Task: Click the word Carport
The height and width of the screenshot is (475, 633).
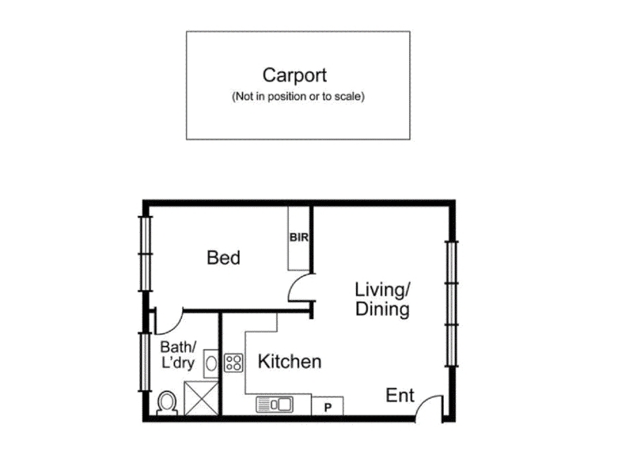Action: pyautogui.click(x=294, y=75)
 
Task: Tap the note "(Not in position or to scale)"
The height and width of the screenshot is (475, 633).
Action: pyautogui.click(x=298, y=97)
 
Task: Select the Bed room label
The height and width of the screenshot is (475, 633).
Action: pyautogui.click(x=223, y=258)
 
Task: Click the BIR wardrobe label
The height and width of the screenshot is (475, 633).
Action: pyautogui.click(x=299, y=237)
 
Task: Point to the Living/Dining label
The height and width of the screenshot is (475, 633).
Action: pyautogui.click(x=382, y=299)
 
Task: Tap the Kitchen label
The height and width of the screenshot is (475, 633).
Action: pyautogui.click(x=290, y=362)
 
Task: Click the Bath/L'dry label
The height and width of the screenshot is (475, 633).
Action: pyautogui.click(x=178, y=355)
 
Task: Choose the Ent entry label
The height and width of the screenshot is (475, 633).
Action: pyautogui.click(x=400, y=395)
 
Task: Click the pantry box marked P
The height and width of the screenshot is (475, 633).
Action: pyautogui.click(x=328, y=405)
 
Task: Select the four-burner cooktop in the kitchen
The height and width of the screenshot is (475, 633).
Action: pyautogui.click(x=233, y=363)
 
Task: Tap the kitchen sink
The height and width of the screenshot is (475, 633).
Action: pyautogui.click(x=275, y=405)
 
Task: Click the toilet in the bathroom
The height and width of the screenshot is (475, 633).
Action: pyautogui.click(x=167, y=403)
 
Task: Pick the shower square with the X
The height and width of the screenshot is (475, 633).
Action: pyautogui.click(x=201, y=398)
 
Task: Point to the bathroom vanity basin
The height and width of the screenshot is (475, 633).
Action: pyautogui.click(x=210, y=363)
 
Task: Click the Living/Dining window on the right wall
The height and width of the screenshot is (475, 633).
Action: pyautogui.click(x=451, y=304)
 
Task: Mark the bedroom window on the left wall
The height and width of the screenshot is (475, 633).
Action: pyautogui.click(x=146, y=253)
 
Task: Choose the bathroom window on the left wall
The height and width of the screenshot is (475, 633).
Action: pyautogui.click(x=145, y=362)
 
